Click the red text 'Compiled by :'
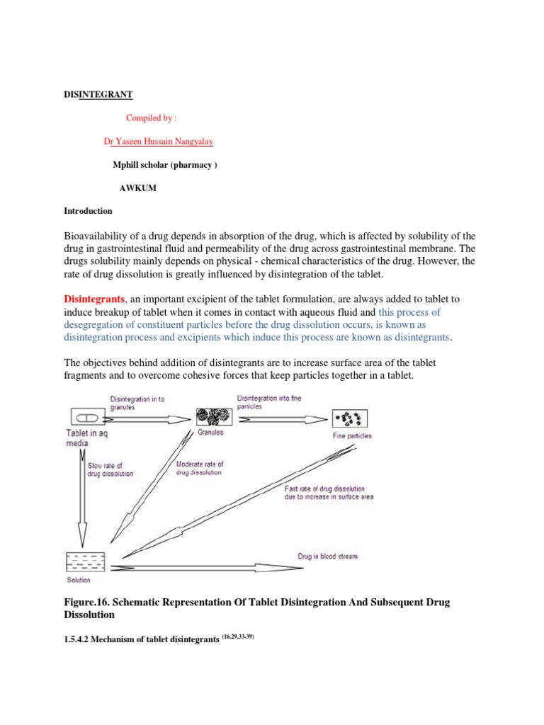pos(151,118)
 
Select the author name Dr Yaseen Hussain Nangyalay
pos(158,141)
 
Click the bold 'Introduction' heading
pos(88,210)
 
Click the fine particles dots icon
pos(352,418)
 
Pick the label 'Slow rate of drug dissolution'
pos(110,469)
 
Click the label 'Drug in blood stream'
pos(327,556)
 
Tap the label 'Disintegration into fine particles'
pos(269,402)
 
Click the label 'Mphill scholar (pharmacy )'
pos(164,164)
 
